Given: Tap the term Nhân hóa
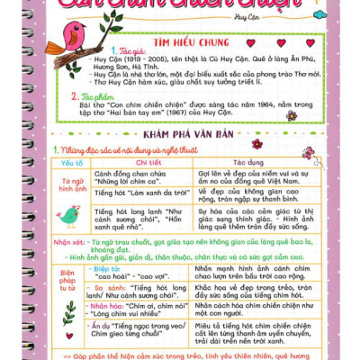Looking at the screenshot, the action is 112,306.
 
